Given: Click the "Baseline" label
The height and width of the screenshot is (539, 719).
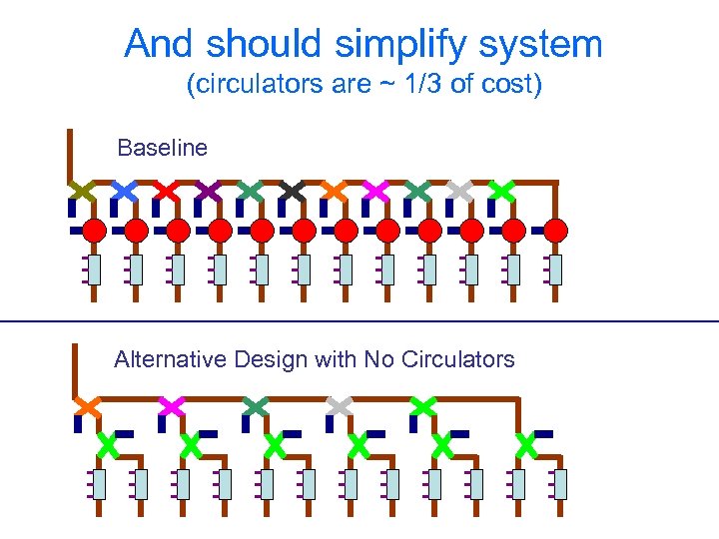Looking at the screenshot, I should (162, 149).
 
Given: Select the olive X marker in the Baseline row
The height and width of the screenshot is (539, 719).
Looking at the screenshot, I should (82, 189).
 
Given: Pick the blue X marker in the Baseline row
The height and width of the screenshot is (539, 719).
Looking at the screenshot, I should (124, 189).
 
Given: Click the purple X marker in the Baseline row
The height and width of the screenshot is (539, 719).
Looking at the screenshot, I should (208, 189).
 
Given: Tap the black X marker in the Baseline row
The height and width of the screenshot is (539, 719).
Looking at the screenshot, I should (292, 189).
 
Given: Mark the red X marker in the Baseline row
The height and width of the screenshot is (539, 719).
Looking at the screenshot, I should (166, 189).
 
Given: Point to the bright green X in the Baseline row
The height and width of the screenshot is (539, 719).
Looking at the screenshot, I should (501, 189).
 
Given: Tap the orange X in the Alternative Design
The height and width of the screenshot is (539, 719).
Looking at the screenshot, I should (88, 406).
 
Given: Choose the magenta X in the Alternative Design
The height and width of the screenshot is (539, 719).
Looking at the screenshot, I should (172, 406).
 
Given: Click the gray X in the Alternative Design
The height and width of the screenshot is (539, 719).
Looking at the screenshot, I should (340, 406).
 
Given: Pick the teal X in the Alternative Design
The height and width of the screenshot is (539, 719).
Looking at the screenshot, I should (256, 406).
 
